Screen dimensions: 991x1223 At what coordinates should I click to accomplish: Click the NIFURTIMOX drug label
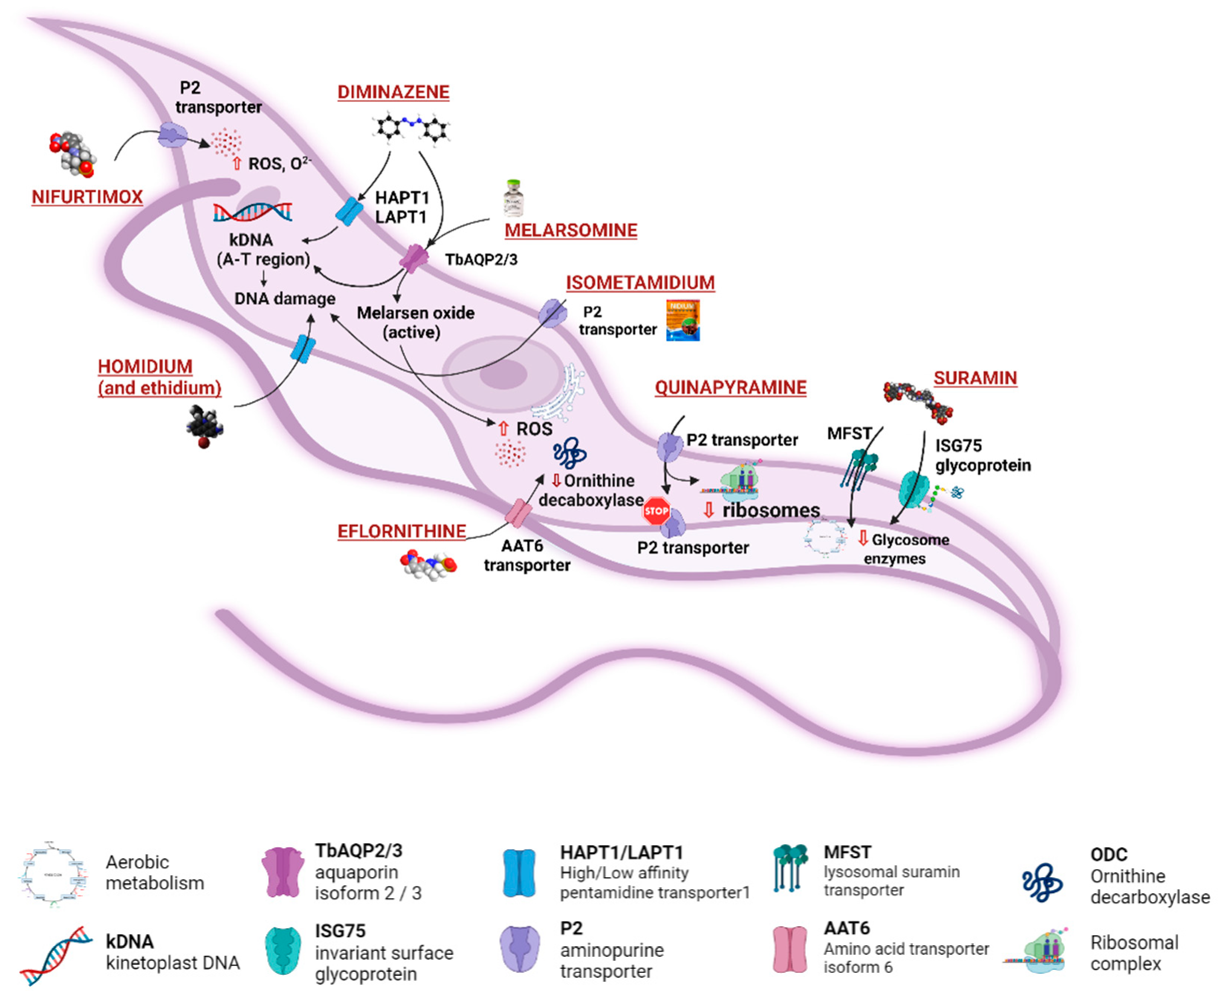tap(87, 197)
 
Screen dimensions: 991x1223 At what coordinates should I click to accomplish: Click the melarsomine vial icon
tap(513, 199)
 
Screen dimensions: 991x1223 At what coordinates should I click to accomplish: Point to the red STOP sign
tap(656, 510)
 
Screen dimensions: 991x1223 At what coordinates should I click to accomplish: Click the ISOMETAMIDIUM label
tap(640, 283)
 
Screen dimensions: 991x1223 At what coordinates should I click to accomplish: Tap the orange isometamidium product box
tap(683, 321)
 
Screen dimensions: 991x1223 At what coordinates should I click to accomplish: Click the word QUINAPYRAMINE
tap(730, 388)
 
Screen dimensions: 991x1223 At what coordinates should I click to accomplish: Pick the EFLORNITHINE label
tap(401, 532)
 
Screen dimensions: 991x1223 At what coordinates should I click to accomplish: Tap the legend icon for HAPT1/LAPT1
tap(519, 873)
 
